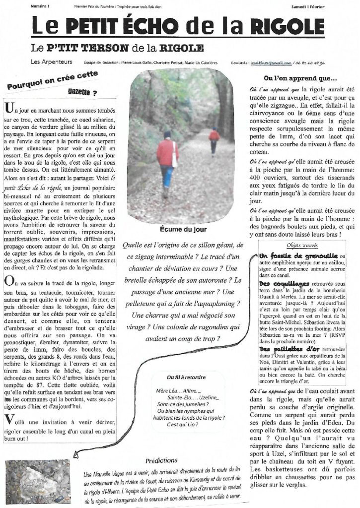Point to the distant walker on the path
click(x=214, y=139)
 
